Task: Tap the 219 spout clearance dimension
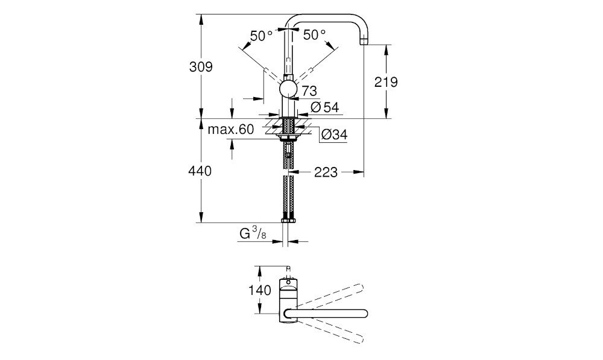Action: (x=386, y=82)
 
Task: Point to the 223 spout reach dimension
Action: (x=326, y=172)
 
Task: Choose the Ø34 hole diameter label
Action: (x=334, y=136)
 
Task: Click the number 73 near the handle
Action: (x=309, y=91)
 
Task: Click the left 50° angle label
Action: (x=261, y=36)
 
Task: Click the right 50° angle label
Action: (x=314, y=36)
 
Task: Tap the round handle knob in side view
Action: (x=288, y=90)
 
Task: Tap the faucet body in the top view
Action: (x=288, y=295)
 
